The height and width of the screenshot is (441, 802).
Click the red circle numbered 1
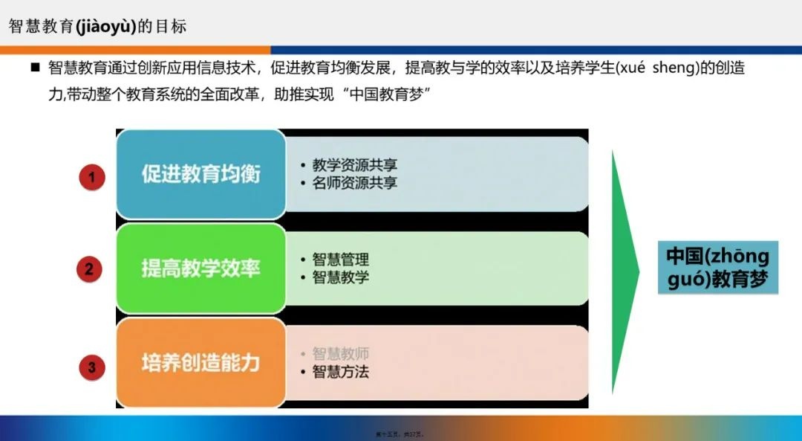point(92,178)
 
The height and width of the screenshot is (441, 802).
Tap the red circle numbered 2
point(89,269)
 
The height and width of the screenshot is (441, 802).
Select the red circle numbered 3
point(92,367)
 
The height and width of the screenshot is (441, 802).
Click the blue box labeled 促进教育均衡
point(200,175)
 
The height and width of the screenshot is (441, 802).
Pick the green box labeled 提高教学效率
point(200,268)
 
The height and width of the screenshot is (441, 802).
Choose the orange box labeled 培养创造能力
point(200,363)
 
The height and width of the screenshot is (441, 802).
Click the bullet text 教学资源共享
point(354,165)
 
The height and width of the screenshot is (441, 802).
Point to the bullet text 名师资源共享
point(354,183)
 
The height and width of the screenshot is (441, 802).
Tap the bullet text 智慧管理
point(340,260)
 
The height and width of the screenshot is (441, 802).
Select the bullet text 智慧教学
point(340,277)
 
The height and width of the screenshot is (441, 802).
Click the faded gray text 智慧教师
point(340,354)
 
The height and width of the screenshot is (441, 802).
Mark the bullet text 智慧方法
point(340,372)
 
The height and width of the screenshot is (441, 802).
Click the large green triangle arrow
point(624,271)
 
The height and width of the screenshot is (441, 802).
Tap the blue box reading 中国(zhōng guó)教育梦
point(717,268)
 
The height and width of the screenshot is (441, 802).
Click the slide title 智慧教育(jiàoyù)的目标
point(97,27)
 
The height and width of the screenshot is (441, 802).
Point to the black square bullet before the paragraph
point(34,68)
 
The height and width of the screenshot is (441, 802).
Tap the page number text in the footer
point(401,432)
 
